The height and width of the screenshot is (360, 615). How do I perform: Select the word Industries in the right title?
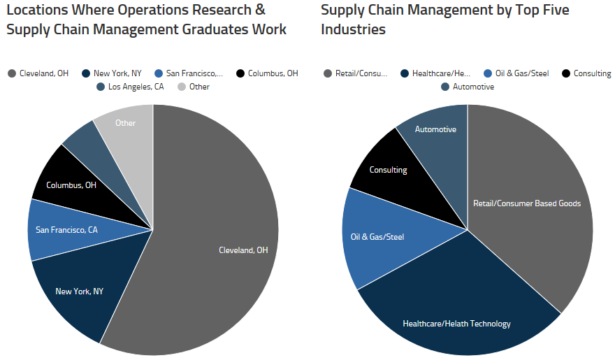[x=353, y=29]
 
